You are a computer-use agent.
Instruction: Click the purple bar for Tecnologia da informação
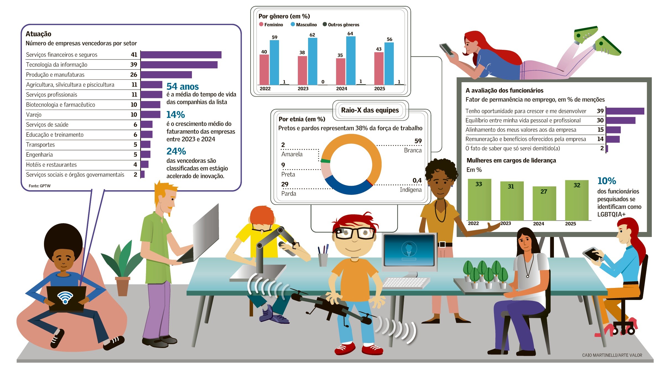(179, 65)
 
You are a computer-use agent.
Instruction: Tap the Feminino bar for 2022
(264, 69)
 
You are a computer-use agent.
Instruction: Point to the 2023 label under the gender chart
(303, 89)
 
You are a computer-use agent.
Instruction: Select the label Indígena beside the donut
(410, 190)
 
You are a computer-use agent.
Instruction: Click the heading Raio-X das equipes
(370, 110)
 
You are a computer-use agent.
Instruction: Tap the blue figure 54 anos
(183, 87)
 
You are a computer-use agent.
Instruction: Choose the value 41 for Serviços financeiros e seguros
(134, 55)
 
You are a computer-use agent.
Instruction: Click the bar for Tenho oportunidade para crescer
(625, 111)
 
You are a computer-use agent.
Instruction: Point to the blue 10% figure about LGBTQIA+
(606, 181)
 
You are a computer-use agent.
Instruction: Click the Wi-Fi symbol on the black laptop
(65, 298)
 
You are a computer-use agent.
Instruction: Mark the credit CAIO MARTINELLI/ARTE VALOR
(612, 355)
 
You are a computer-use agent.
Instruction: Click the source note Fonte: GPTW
(40, 186)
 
